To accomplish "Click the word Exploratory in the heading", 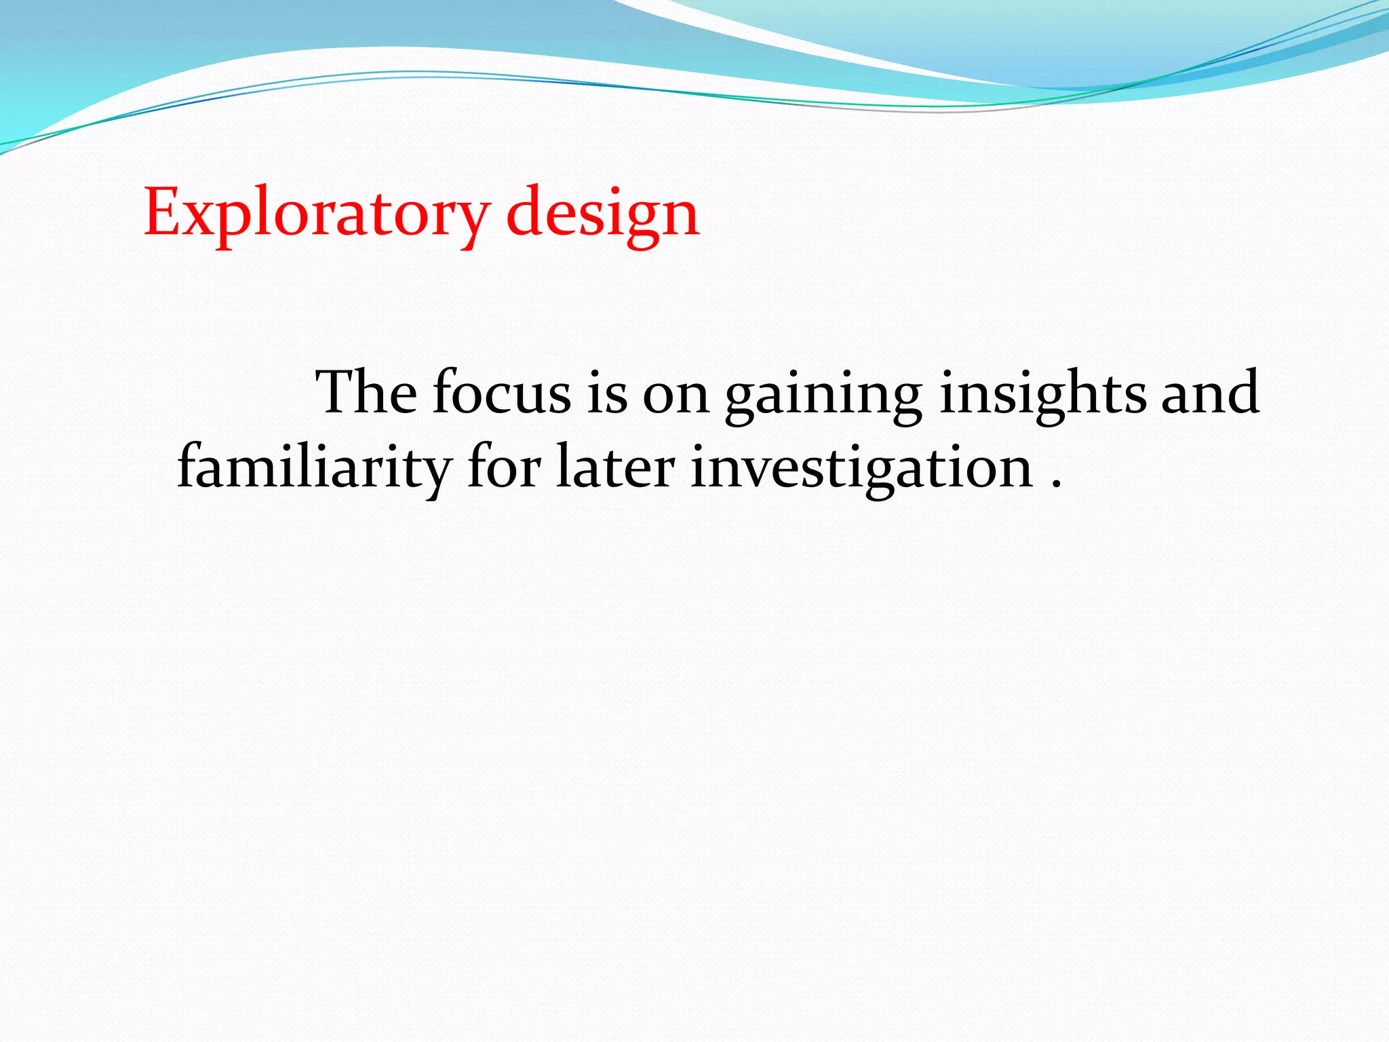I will click(x=315, y=214).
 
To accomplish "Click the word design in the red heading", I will click(x=602, y=214).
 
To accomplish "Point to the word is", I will click(x=607, y=393).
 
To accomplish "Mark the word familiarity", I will click(x=314, y=468).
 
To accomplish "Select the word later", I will click(x=615, y=468).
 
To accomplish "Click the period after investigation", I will click(x=1055, y=483).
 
